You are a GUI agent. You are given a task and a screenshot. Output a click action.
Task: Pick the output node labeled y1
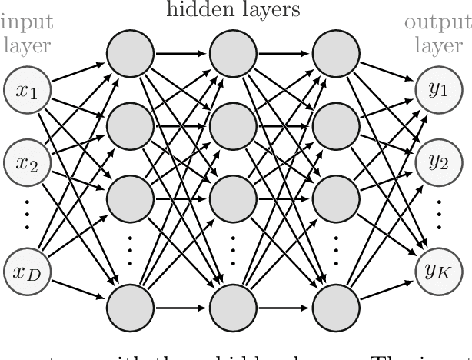(x=437, y=90)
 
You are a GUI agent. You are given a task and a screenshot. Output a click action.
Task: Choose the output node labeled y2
(x=437, y=161)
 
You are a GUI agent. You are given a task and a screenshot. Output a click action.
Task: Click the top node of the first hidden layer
(x=127, y=55)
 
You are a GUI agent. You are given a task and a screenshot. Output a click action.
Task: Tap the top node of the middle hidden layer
(x=231, y=55)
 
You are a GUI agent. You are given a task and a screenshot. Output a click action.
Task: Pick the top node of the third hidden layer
(x=336, y=55)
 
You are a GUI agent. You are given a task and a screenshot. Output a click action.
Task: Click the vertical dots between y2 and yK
(x=437, y=214)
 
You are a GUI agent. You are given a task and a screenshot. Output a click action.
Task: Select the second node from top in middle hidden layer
(x=231, y=122)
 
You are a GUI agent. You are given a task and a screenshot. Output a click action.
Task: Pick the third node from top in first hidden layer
(x=127, y=188)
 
